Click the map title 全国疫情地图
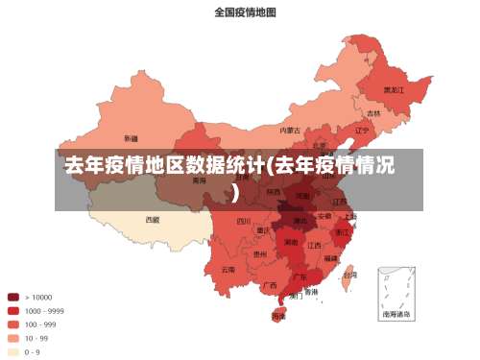click(245, 12)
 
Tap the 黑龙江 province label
click(394, 89)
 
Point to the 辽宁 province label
click(362, 130)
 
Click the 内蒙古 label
click(290, 130)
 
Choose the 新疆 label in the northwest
click(131, 137)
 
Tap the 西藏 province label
click(153, 219)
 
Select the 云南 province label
click(228, 269)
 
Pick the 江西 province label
click(315, 245)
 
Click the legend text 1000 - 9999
click(44, 310)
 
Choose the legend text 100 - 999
click(40, 324)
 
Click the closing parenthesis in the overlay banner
click(235, 192)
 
